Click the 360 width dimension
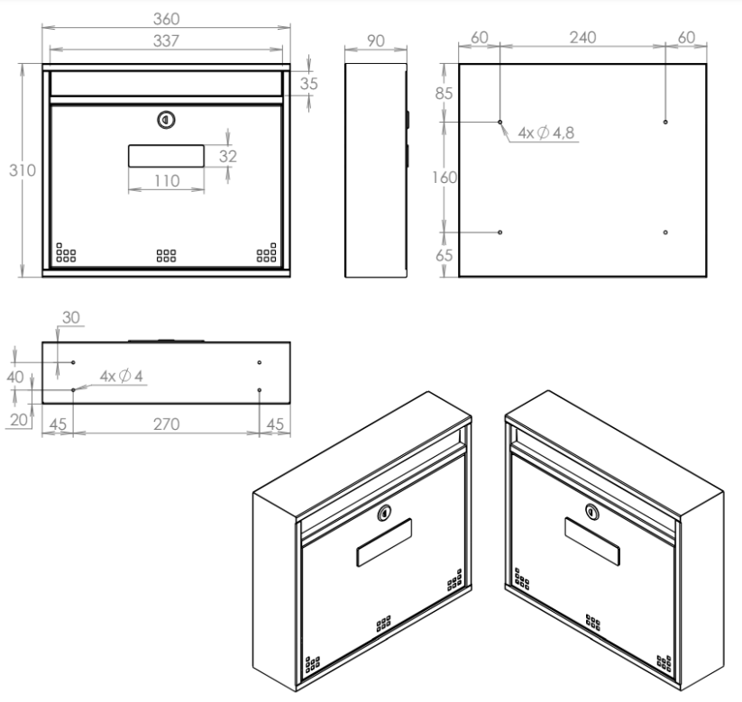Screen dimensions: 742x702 (x=166, y=19)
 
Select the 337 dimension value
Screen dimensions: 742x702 (x=166, y=41)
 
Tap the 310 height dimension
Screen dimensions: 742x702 (x=23, y=170)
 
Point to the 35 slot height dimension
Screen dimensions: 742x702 (x=308, y=84)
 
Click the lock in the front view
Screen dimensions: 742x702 (x=166, y=120)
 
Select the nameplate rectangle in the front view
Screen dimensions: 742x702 (x=166, y=156)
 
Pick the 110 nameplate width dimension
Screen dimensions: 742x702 (x=167, y=181)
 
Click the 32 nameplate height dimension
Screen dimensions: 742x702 (x=227, y=156)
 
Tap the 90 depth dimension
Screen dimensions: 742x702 (x=376, y=41)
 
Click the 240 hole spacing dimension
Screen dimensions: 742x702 (x=582, y=38)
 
